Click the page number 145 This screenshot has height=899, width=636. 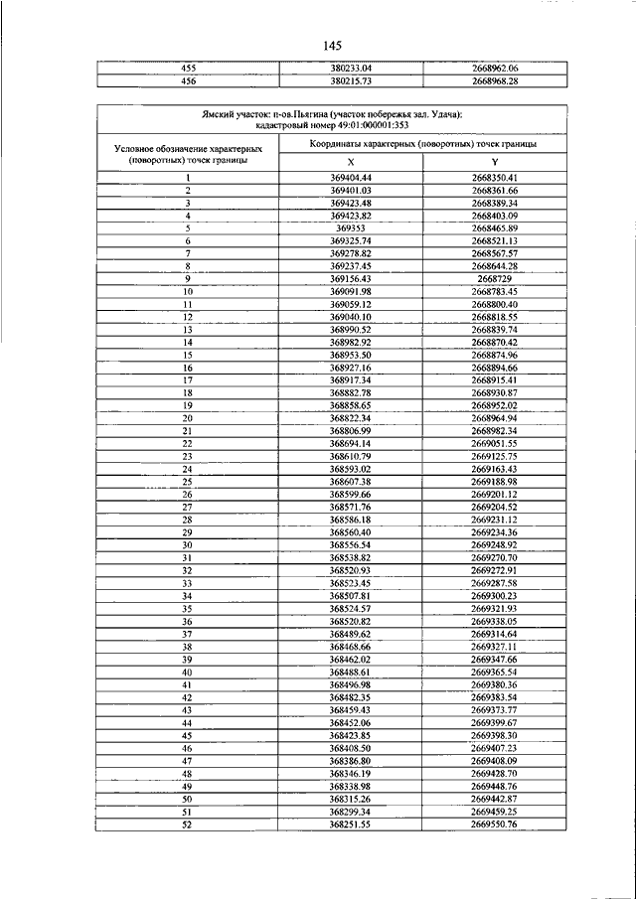(332, 46)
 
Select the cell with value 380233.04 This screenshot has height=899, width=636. (350, 68)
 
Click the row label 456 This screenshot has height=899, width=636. (188, 80)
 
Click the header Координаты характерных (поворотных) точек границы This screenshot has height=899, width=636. (422, 144)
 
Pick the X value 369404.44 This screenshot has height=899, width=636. (350, 177)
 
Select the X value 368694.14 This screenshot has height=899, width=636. (350, 443)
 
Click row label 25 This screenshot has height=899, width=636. (187, 481)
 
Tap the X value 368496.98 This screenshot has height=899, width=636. (350, 684)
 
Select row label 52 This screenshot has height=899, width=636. (187, 824)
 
